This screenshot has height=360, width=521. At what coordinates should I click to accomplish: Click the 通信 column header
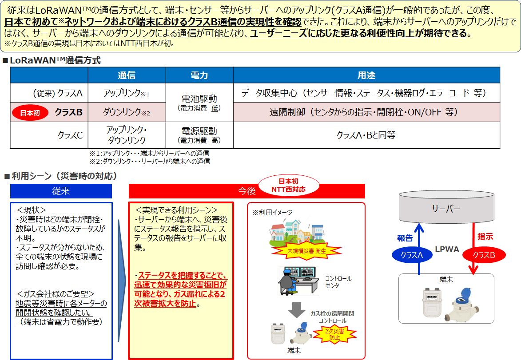point(127,75)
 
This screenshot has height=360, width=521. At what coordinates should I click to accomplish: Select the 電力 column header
point(199,75)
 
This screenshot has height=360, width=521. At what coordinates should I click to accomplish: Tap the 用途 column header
point(366,75)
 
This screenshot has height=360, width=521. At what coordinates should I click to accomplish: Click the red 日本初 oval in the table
point(30,113)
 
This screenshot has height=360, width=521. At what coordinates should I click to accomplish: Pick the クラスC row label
point(70,135)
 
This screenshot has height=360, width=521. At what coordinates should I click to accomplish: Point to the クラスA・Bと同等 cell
point(366,135)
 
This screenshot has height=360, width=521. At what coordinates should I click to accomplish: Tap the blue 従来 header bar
point(61,191)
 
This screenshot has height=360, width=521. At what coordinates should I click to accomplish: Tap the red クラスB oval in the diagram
point(484,255)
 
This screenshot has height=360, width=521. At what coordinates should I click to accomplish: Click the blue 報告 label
point(405,238)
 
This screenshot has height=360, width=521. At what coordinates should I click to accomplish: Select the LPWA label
point(447,249)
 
